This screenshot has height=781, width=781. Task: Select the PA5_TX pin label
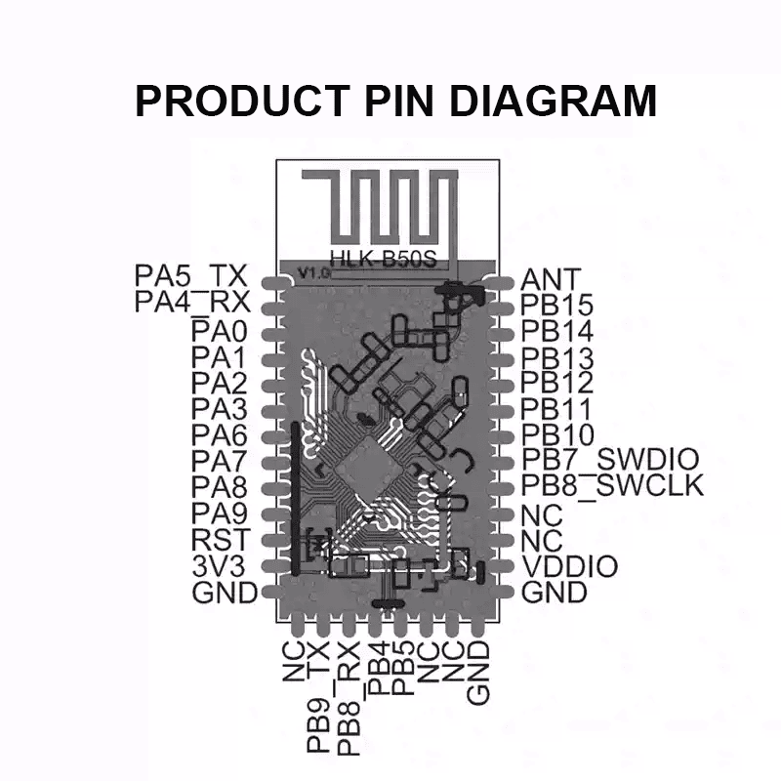pos(194,276)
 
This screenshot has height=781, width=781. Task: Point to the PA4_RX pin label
pos(194,302)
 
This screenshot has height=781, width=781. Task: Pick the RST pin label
pos(222,539)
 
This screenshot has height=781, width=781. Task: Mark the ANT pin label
pos(552,280)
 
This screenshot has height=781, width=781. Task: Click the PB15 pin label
pos(557,306)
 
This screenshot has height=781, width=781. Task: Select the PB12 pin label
pos(557,382)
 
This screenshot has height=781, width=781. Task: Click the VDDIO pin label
pos(570,566)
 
